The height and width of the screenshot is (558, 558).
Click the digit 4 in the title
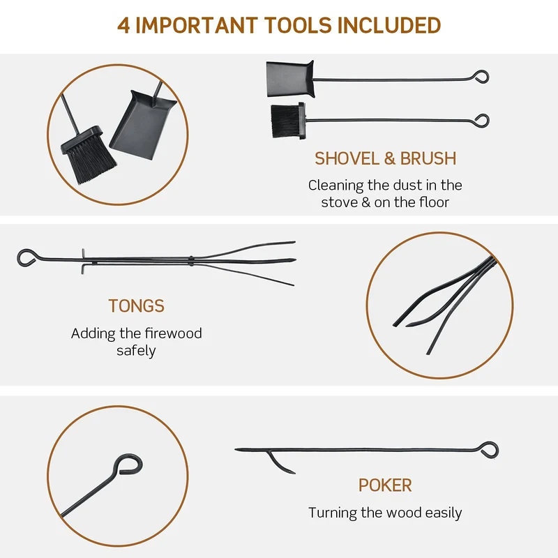pyautogui.click(x=123, y=25)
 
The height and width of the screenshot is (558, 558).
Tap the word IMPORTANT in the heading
pyautogui.click(x=197, y=25)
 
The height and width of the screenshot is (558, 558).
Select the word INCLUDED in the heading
pyautogui.click(x=389, y=25)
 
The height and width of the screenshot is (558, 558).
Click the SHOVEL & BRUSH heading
pyautogui.click(x=385, y=158)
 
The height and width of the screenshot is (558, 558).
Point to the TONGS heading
pyautogui.click(x=136, y=306)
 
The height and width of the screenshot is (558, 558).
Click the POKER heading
pyautogui.click(x=385, y=485)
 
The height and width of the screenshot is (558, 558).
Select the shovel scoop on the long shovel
pyautogui.click(x=290, y=79)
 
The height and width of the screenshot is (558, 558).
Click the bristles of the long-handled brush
pyautogui.click(x=285, y=121)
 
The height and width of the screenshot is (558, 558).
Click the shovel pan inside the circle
pyautogui.click(x=143, y=125)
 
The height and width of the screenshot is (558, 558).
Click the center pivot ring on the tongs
pyautogui.click(x=191, y=261)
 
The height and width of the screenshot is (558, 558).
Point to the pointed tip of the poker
pyautogui.click(x=236, y=450)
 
